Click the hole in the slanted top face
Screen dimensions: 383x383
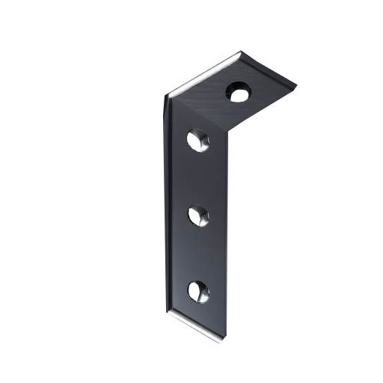click(x=239, y=94)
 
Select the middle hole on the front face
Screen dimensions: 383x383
click(x=198, y=216)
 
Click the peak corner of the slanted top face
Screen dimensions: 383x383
click(x=241, y=55)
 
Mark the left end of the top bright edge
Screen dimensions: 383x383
click(x=174, y=94)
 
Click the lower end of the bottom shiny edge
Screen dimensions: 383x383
click(x=223, y=343)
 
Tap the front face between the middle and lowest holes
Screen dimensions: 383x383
click(x=198, y=254)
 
